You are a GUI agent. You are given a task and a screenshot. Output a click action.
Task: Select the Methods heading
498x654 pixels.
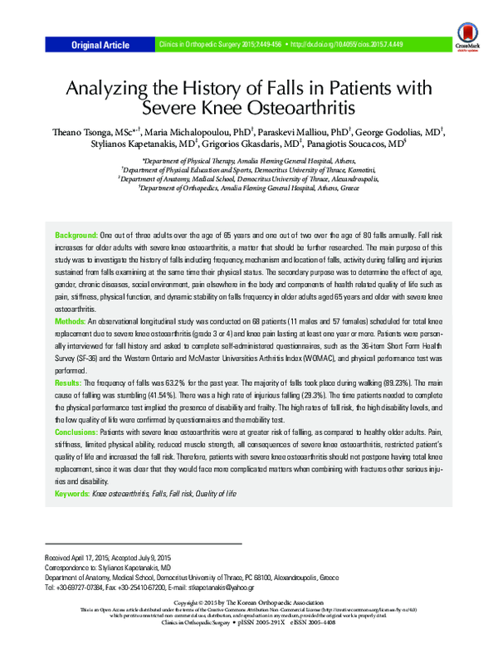(70, 320)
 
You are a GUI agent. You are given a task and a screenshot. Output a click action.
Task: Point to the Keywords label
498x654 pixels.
(71, 493)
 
